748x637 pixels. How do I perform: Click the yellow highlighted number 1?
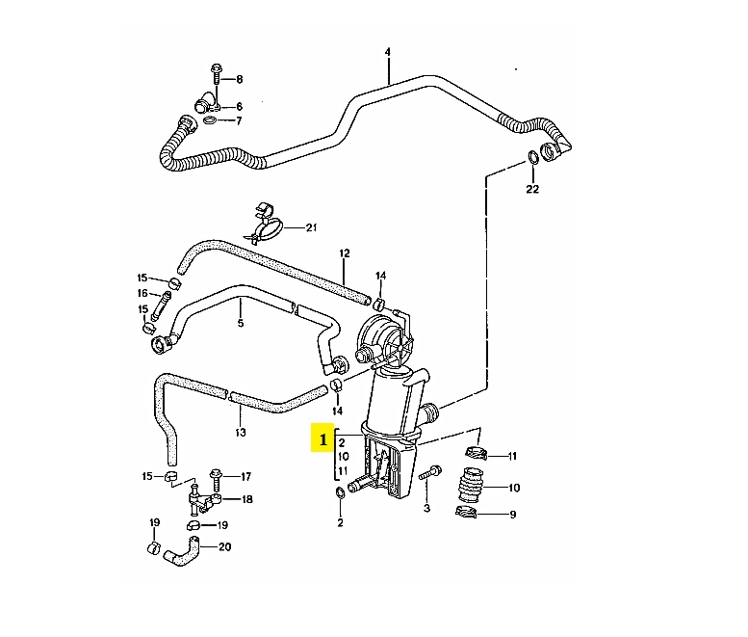click(322, 438)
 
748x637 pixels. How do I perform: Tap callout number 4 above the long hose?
click(387, 52)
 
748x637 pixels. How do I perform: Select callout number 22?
click(532, 189)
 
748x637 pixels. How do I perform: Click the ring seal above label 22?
click(533, 157)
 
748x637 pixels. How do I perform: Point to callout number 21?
click(312, 227)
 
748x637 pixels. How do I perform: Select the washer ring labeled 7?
click(210, 119)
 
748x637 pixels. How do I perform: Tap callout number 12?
click(345, 253)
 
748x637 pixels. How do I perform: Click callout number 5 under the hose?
click(241, 323)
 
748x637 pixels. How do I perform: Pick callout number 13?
click(241, 433)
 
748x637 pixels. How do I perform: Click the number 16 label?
click(142, 293)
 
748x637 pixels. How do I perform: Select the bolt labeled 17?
click(216, 480)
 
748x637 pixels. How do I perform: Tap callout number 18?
click(246, 499)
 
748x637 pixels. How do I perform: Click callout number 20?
click(224, 546)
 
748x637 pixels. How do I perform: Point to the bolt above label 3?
click(430, 473)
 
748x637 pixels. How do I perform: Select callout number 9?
click(513, 515)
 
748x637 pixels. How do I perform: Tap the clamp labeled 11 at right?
click(477, 452)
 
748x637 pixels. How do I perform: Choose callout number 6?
click(239, 106)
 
